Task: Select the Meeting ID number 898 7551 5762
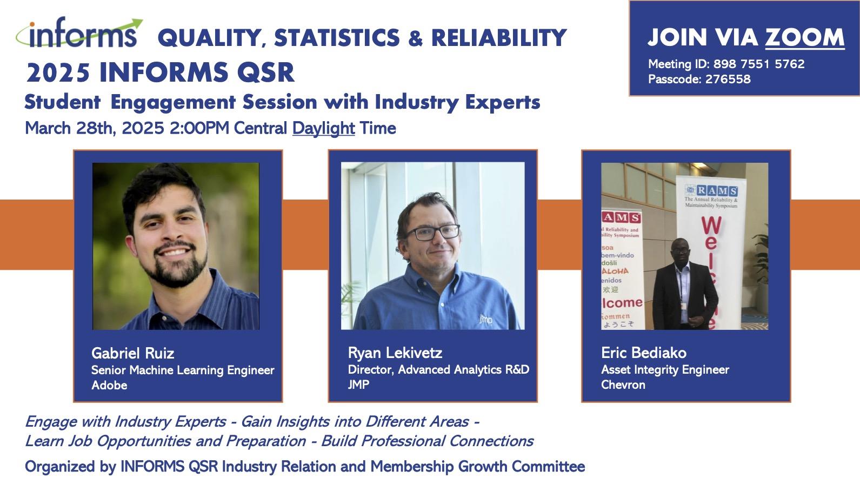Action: [759, 64]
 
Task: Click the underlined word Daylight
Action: [323, 128]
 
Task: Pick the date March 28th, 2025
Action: [95, 128]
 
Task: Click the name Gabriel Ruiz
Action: [132, 353]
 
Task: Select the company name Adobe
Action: [109, 385]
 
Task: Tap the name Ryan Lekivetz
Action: [395, 353]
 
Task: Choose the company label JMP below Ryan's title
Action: [358, 384]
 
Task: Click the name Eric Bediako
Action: [643, 353]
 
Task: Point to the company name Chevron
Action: [623, 384]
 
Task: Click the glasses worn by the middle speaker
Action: [432, 233]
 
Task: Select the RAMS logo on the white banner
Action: [711, 190]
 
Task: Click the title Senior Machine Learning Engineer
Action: [183, 370]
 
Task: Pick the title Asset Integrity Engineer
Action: [665, 369]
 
